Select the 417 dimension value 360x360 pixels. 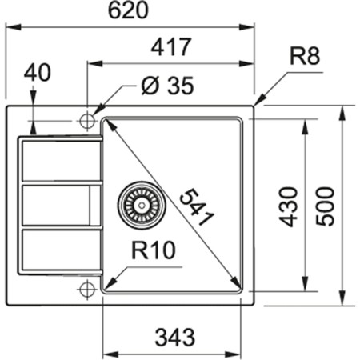(171, 47)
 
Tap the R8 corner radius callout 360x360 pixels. (306, 57)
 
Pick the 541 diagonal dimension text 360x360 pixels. (195, 207)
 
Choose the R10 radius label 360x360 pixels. (152, 252)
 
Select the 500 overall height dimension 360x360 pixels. (324, 206)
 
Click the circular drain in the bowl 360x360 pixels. (140, 206)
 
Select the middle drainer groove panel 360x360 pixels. (60, 206)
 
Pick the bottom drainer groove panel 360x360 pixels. (60, 250)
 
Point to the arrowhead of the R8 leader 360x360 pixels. (258, 102)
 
